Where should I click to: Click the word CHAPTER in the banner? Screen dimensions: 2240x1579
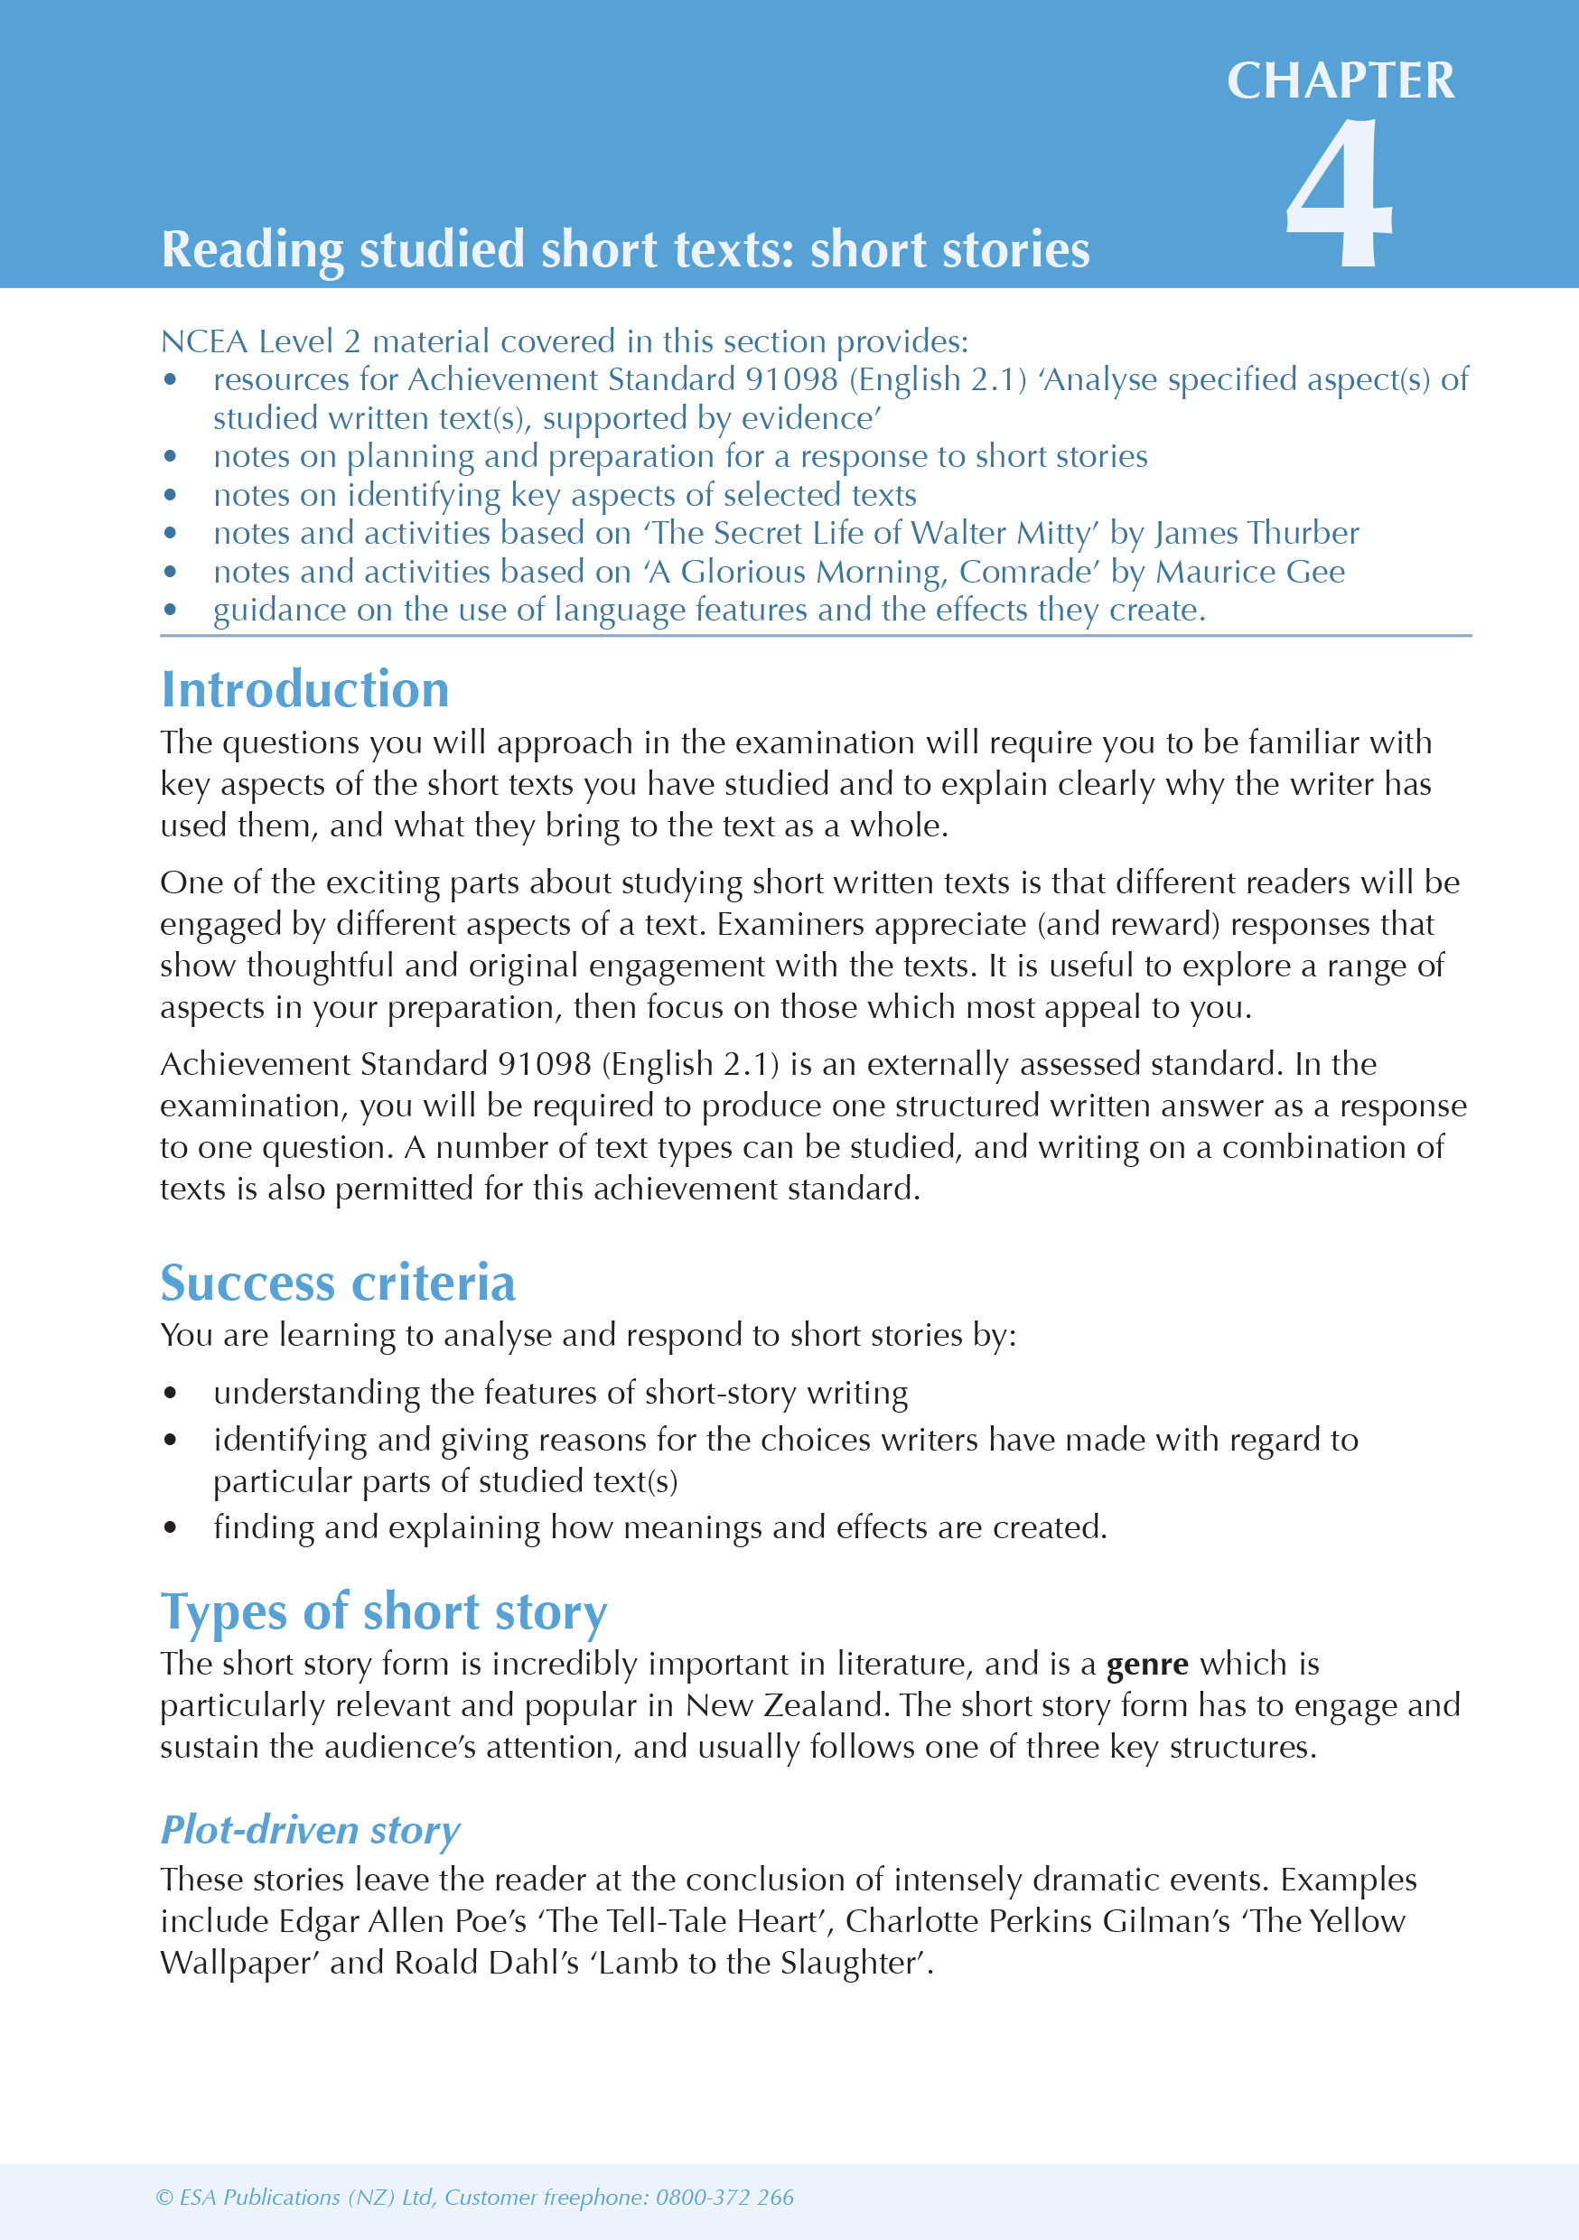[1340, 81]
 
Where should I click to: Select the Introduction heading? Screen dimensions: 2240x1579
[304, 690]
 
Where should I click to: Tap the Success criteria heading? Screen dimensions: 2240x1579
[338, 1283]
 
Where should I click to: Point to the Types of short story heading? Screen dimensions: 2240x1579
[384, 1611]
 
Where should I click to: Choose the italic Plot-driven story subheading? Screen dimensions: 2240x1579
[311, 1830]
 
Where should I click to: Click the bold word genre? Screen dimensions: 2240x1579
[1146, 1665]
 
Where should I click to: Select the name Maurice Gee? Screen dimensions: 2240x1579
[1249, 572]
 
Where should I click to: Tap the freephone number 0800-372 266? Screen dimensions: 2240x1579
[724, 2197]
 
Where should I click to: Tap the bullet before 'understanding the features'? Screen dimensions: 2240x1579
[171, 1393]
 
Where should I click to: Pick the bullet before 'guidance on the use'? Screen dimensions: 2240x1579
[171, 611]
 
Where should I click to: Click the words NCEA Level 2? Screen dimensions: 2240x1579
[259, 341]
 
